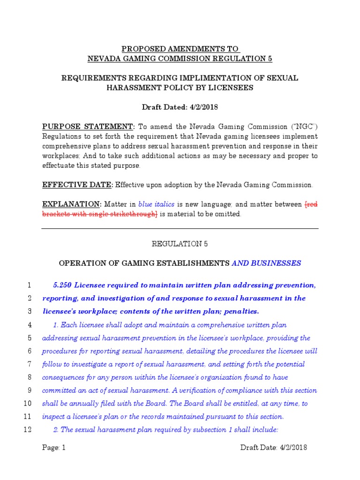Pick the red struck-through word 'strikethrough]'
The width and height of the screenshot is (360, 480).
point(132,214)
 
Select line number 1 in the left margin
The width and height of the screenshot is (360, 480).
point(29,285)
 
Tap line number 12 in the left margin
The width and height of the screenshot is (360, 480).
point(27,430)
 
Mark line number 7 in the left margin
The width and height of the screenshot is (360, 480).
point(29,364)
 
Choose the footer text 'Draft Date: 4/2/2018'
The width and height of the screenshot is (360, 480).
point(274,448)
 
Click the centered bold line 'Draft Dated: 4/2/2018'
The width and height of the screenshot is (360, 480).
point(180,107)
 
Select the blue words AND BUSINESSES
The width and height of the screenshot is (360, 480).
point(266,263)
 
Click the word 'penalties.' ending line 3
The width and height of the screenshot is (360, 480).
point(240,312)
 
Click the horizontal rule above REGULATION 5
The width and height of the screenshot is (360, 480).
point(180,228)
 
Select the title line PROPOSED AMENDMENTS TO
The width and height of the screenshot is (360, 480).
point(180,49)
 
